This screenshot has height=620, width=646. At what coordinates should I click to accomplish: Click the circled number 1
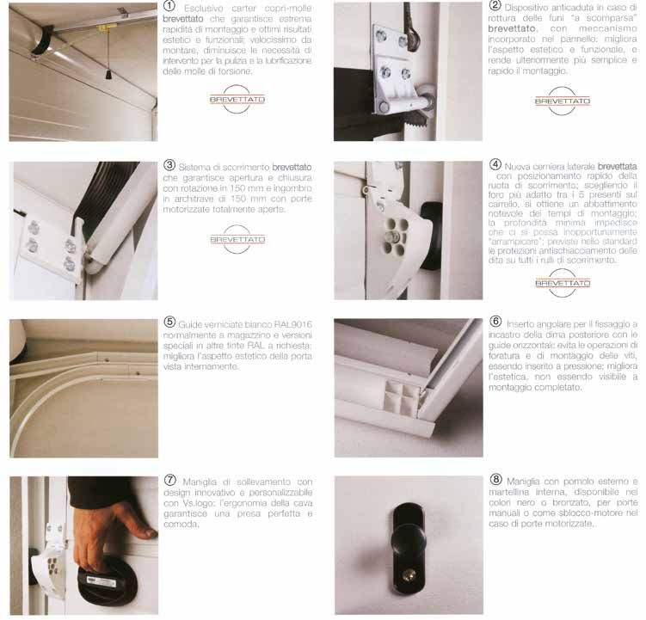point(169,6)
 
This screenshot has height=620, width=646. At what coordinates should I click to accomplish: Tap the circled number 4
point(495,165)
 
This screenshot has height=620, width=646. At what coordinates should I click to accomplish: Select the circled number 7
point(169,480)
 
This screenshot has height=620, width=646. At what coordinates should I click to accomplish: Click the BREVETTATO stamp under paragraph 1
point(237,99)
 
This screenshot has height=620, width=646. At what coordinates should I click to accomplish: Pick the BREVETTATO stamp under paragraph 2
point(563,101)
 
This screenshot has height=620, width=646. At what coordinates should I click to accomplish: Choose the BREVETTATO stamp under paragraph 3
point(237,239)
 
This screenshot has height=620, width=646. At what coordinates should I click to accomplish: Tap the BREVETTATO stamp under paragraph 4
point(563,283)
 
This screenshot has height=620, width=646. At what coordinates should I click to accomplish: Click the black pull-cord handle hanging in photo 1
point(108,74)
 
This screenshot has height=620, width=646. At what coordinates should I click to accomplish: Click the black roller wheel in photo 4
point(431,235)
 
